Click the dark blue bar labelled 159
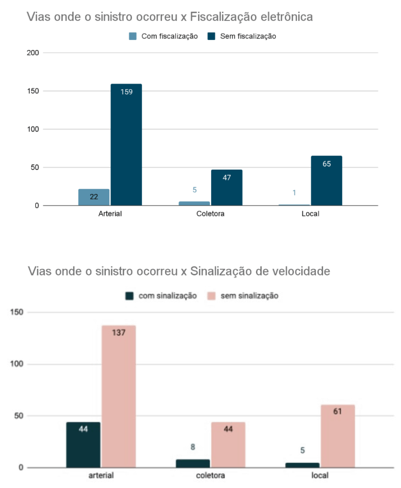126,145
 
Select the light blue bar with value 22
94,197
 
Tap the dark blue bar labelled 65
326,181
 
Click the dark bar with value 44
83,445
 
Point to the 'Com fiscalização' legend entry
164,36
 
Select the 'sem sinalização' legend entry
243,296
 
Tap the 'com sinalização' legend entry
161,296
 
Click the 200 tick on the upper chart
32,53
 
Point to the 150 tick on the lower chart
17,313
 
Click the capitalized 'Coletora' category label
210,214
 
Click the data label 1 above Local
294,193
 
